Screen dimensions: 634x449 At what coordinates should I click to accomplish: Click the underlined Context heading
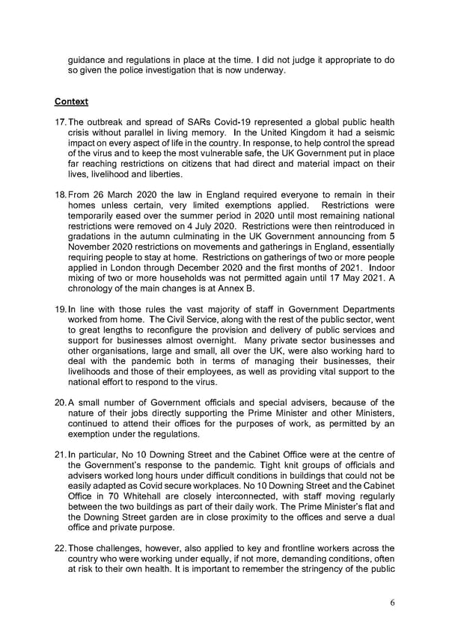pos(71,101)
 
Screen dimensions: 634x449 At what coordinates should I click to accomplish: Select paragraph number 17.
pos(60,123)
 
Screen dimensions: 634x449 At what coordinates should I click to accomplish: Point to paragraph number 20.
pos(60,404)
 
